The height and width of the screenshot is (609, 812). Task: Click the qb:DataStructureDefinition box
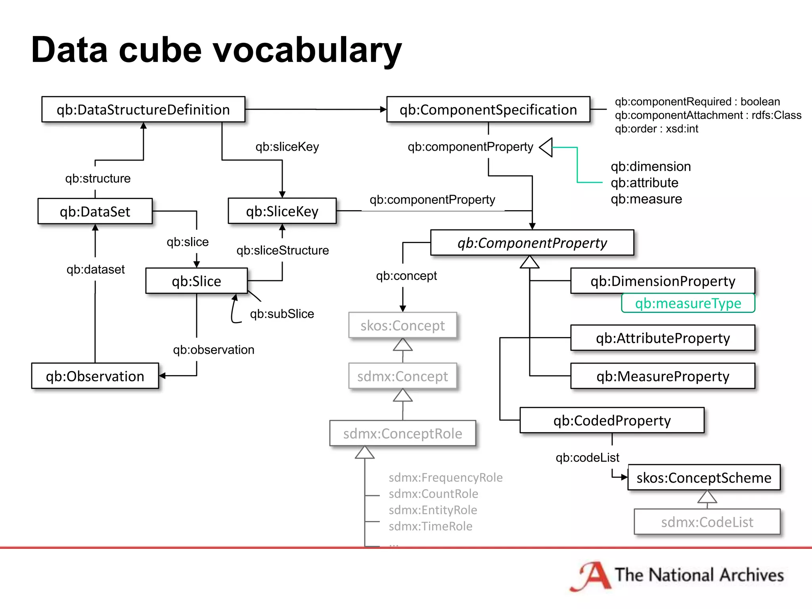[143, 109]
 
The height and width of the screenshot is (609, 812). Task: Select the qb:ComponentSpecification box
[488, 109]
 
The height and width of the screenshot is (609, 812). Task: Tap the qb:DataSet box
[95, 211]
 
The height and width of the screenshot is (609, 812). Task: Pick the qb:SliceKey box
[282, 211]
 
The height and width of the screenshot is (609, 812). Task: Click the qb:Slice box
[196, 281]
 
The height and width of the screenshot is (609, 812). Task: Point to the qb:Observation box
[95, 376]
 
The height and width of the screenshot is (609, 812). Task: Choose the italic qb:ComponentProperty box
[532, 243]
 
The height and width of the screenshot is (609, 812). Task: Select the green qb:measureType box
[688, 303]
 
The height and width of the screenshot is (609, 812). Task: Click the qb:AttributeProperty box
[663, 338]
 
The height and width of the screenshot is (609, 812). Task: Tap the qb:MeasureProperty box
[663, 376]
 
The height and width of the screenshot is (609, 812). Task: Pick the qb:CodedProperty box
[612, 420]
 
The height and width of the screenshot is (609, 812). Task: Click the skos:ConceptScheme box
[704, 477]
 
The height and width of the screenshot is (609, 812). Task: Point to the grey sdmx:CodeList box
[707, 522]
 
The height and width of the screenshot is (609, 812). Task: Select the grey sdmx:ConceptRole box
[402, 433]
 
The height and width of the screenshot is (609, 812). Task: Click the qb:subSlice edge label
[282, 314]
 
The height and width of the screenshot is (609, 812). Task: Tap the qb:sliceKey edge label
[287, 147]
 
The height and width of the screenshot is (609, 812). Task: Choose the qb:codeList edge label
[587, 458]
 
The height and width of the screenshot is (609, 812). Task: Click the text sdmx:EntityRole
[433, 510]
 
